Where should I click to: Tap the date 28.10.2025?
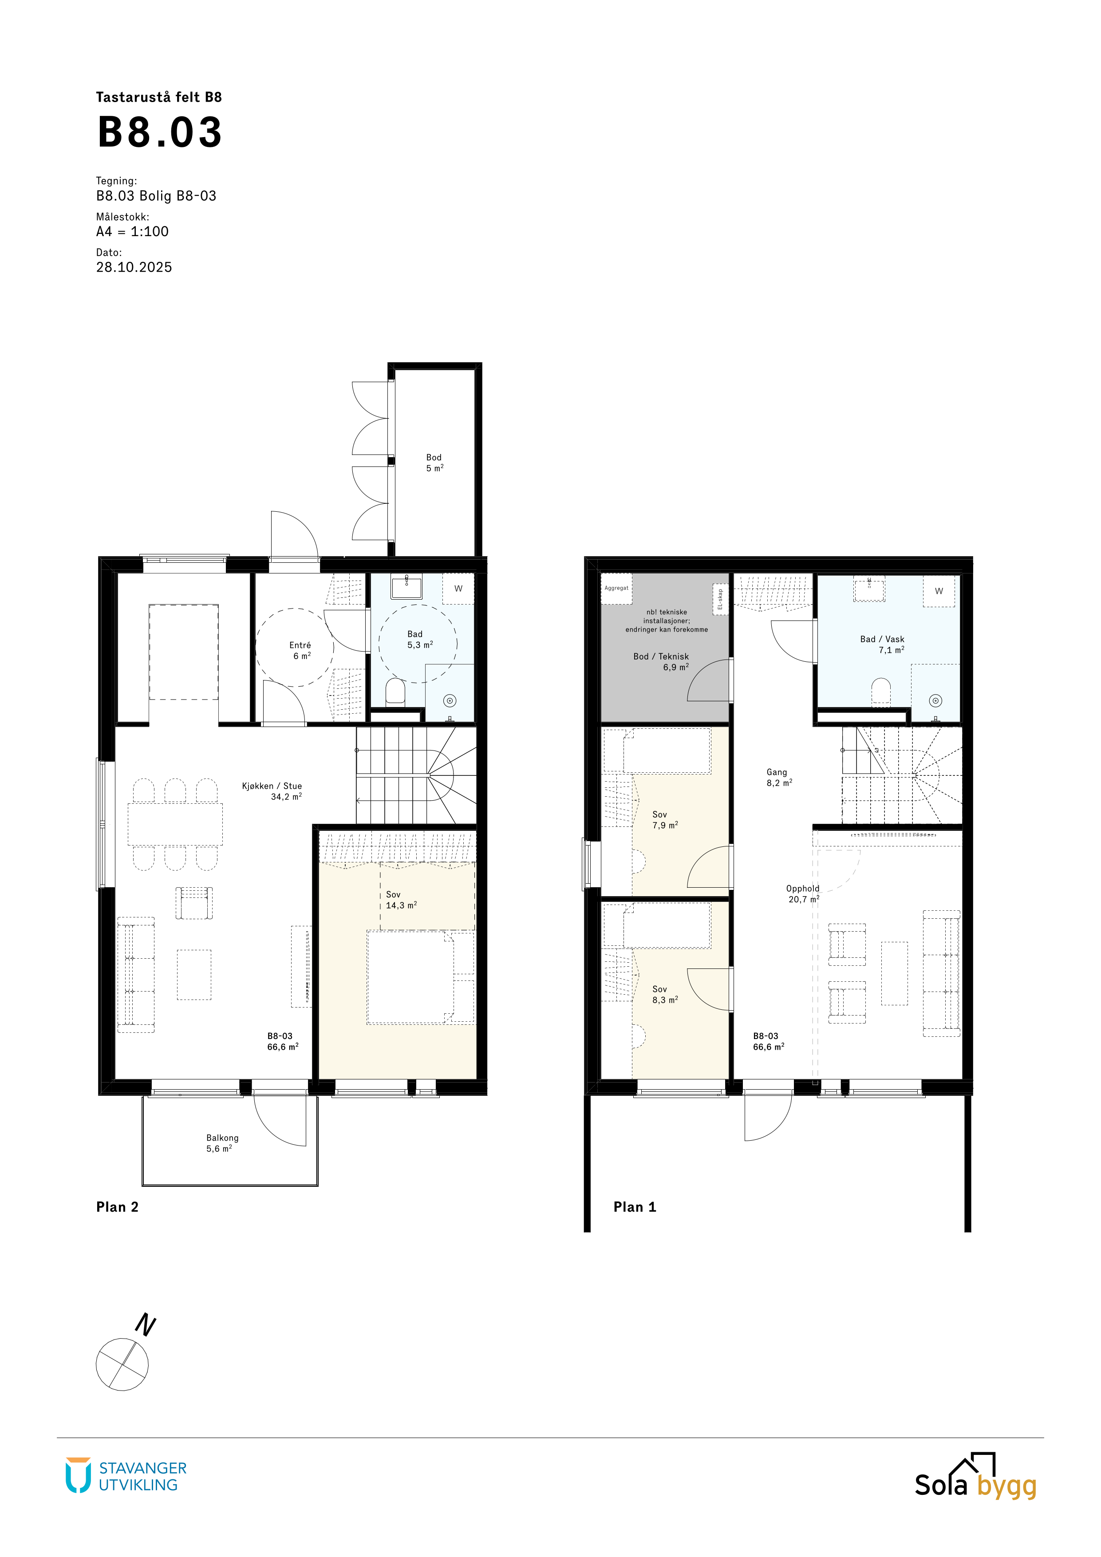click(x=134, y=267)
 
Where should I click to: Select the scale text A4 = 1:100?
click(x=132, y=231)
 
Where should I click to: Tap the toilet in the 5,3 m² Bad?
click(x=395, y=692)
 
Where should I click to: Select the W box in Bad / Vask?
click(x=939, y=591)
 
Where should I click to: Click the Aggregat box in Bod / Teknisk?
click(x=616, y=589)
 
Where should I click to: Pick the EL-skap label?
click(x=721, y=600)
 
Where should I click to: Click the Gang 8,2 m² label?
click(x=779, y=777)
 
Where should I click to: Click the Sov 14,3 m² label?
click(x=401, y=900)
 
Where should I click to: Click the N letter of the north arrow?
click(x=146, y=1324)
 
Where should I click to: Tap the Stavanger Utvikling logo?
click(x=126, y=1476)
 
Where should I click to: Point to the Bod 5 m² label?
click(x=434, y=462)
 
